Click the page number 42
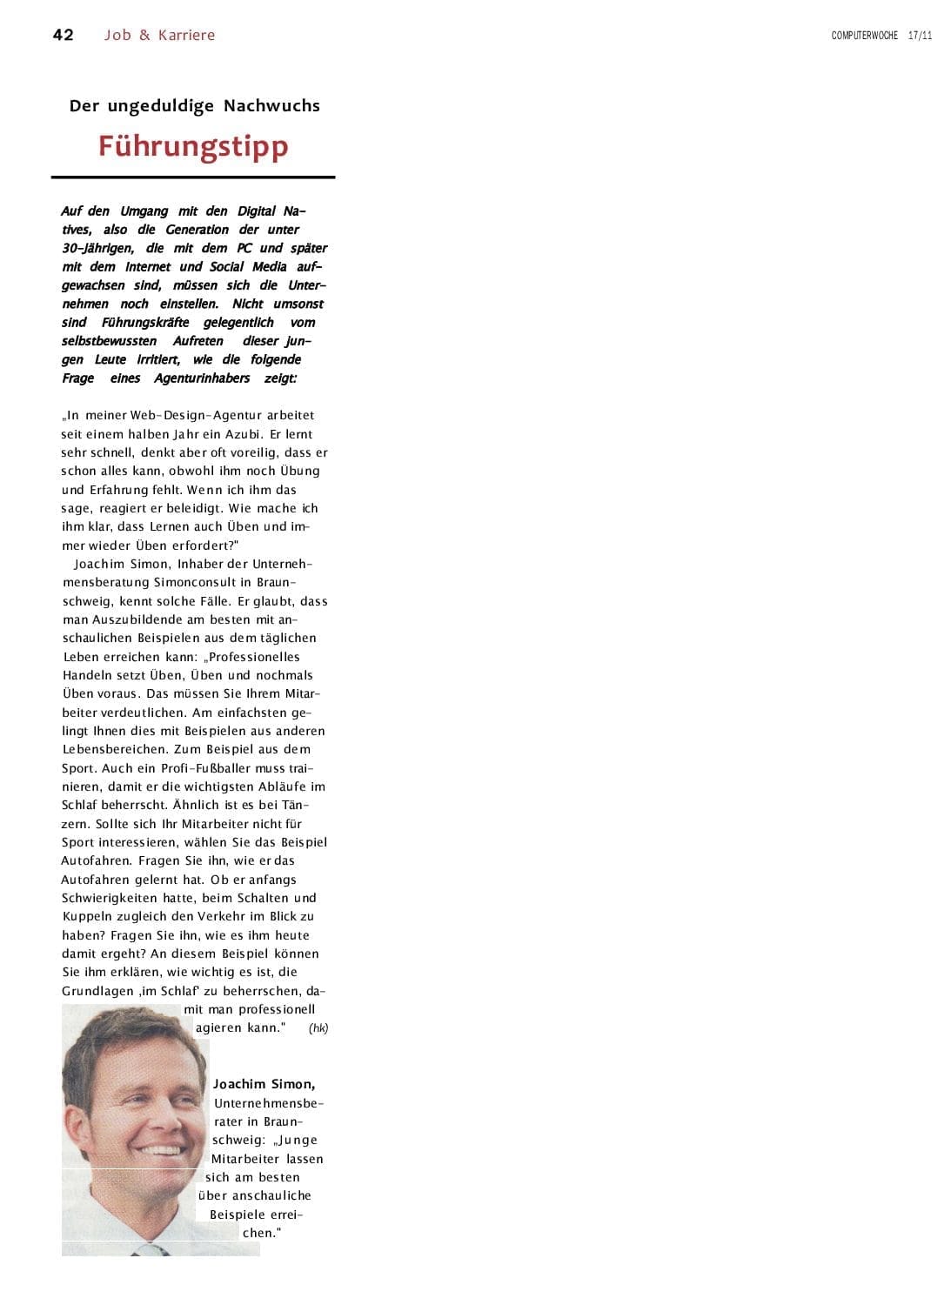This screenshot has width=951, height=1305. [x=64, y=35]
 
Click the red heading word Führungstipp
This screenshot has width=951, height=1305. [x=193, y=145]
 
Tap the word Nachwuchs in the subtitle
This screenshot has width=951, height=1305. [x=271, y=106]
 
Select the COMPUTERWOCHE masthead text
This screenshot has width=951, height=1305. [x=864, y=36]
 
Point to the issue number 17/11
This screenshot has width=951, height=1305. [x=920, y=36]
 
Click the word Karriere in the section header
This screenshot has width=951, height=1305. [x=186, y=35]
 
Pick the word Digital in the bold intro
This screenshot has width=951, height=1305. [x=257, y=211]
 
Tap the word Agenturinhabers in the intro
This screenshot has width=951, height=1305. [x=202, y=378]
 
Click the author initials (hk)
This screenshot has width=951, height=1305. [x=318, y=1028]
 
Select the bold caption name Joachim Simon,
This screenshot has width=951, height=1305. [x=265, y=1084]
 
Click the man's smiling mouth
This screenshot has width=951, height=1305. [x=157, y=1149]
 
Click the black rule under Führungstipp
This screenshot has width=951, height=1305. [x=193, y=177]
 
